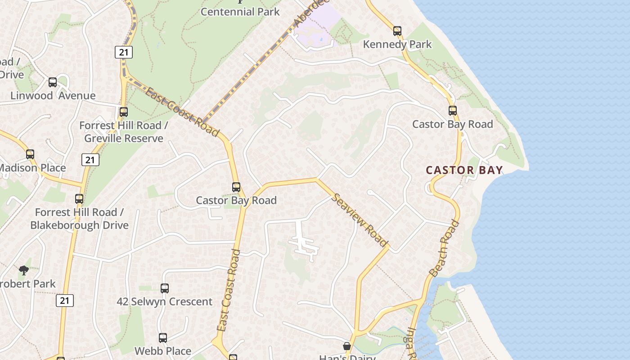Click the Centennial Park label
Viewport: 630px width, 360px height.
(x=240, y=12)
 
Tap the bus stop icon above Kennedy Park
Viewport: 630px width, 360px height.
(x=397, y=31)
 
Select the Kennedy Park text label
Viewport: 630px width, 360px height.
(x=397, y=44)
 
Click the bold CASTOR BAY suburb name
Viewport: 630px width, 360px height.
(x=464, y=170)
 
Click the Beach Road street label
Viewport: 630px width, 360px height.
(x=445, y=248)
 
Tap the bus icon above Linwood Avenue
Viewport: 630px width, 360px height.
(x=53, y=82)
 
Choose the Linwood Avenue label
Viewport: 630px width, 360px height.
(x=53, y=95)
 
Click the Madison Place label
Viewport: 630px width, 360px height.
(x=32, y=168)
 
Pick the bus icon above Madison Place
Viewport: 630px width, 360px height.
(x=30, y=154)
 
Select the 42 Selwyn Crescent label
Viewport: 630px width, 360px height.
(x=164, y=301)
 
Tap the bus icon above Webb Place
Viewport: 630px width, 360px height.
(x=163, y=338)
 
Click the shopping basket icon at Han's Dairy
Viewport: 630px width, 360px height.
(x=347, y=346)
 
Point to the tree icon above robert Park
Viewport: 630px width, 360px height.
(x=24, y=270)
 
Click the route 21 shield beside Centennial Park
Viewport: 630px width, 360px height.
(x=123, y=53)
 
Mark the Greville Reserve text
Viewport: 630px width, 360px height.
(x=124, y=138)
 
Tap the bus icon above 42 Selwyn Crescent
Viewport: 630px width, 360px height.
(x=165, y=288)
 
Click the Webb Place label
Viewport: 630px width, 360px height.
(x=163, y=351)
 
